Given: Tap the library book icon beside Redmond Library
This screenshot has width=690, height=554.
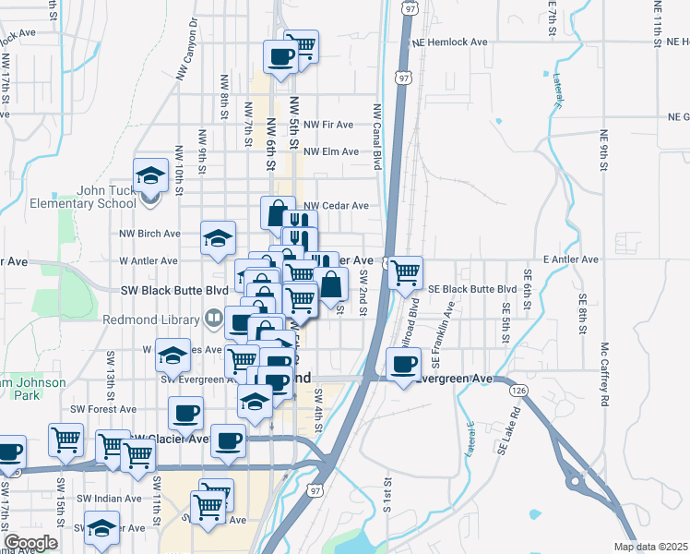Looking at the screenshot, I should (x=214, y=320).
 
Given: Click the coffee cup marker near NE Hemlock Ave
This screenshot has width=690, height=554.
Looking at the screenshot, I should (x=280, y=56).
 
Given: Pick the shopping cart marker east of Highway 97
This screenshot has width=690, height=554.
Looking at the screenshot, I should (x=405, y=272).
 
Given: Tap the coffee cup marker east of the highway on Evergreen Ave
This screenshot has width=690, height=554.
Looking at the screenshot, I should (x=402, y=364).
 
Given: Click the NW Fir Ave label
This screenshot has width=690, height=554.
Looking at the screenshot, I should (x=328, y=124).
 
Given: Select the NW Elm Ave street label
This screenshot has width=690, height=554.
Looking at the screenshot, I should (x=330, y=151).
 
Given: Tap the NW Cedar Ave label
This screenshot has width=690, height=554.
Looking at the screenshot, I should (x=336, y=206).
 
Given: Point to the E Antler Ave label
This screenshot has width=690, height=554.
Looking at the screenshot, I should (x=572, y=260).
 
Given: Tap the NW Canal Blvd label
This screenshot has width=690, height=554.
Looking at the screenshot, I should (x=376, y=136).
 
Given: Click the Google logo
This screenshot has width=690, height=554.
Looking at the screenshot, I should (x=30, y=543).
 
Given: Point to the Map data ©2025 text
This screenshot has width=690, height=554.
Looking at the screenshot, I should (x=650, y=547).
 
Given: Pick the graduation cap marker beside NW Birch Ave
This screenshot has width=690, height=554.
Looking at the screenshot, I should (x=218, y=240).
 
